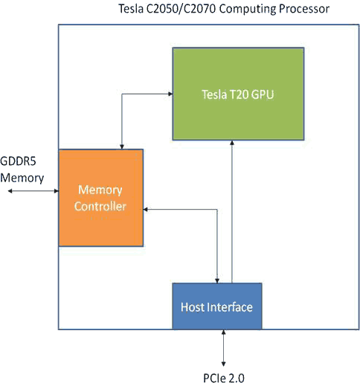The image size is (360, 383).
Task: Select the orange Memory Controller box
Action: click(101, 197)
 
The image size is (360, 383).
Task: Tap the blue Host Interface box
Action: click(216, 306)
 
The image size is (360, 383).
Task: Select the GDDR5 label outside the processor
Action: click(18, 164)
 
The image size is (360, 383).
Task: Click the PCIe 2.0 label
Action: click(223, 376)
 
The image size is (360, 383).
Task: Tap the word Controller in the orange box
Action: click(101, 206)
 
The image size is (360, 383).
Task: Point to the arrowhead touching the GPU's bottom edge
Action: click(232, 145)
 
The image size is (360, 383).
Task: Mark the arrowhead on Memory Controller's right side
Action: click(148, 209)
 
